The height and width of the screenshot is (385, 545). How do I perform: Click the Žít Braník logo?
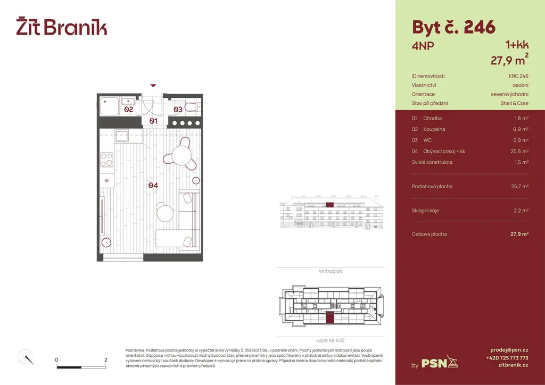coord(62,26)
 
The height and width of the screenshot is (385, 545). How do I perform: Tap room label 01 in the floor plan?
coord(153,121)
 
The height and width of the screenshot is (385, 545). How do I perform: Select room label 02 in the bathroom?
coord(129,110)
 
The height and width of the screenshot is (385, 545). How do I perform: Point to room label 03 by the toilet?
coord(178,110)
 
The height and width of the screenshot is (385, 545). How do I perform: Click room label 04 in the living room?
coord(153,186)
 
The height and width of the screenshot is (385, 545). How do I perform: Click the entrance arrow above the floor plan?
coord(153,86)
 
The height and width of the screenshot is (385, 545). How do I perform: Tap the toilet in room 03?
coord(193,107)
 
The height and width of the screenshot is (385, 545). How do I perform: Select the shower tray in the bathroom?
coord(109,106)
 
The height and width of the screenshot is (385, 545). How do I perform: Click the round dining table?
coord(181,155)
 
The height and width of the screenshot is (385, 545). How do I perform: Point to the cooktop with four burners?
coord(106,160)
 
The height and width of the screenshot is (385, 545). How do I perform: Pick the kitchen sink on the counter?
coord(122,136)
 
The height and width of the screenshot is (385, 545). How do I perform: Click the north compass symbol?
coord(26,357)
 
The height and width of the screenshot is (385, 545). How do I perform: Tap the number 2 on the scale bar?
coord(106,360)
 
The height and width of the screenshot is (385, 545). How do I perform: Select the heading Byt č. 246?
coord(453,28)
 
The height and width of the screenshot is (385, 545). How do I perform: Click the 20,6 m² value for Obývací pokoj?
coord(519,152)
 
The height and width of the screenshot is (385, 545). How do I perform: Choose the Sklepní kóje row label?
coord(425,211)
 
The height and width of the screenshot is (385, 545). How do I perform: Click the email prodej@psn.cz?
coord(509,350)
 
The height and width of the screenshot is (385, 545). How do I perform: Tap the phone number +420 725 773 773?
coord(507,357)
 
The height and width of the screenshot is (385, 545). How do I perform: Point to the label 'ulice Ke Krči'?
coord(330,340)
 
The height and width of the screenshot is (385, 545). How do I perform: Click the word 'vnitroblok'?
coord(330,271)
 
